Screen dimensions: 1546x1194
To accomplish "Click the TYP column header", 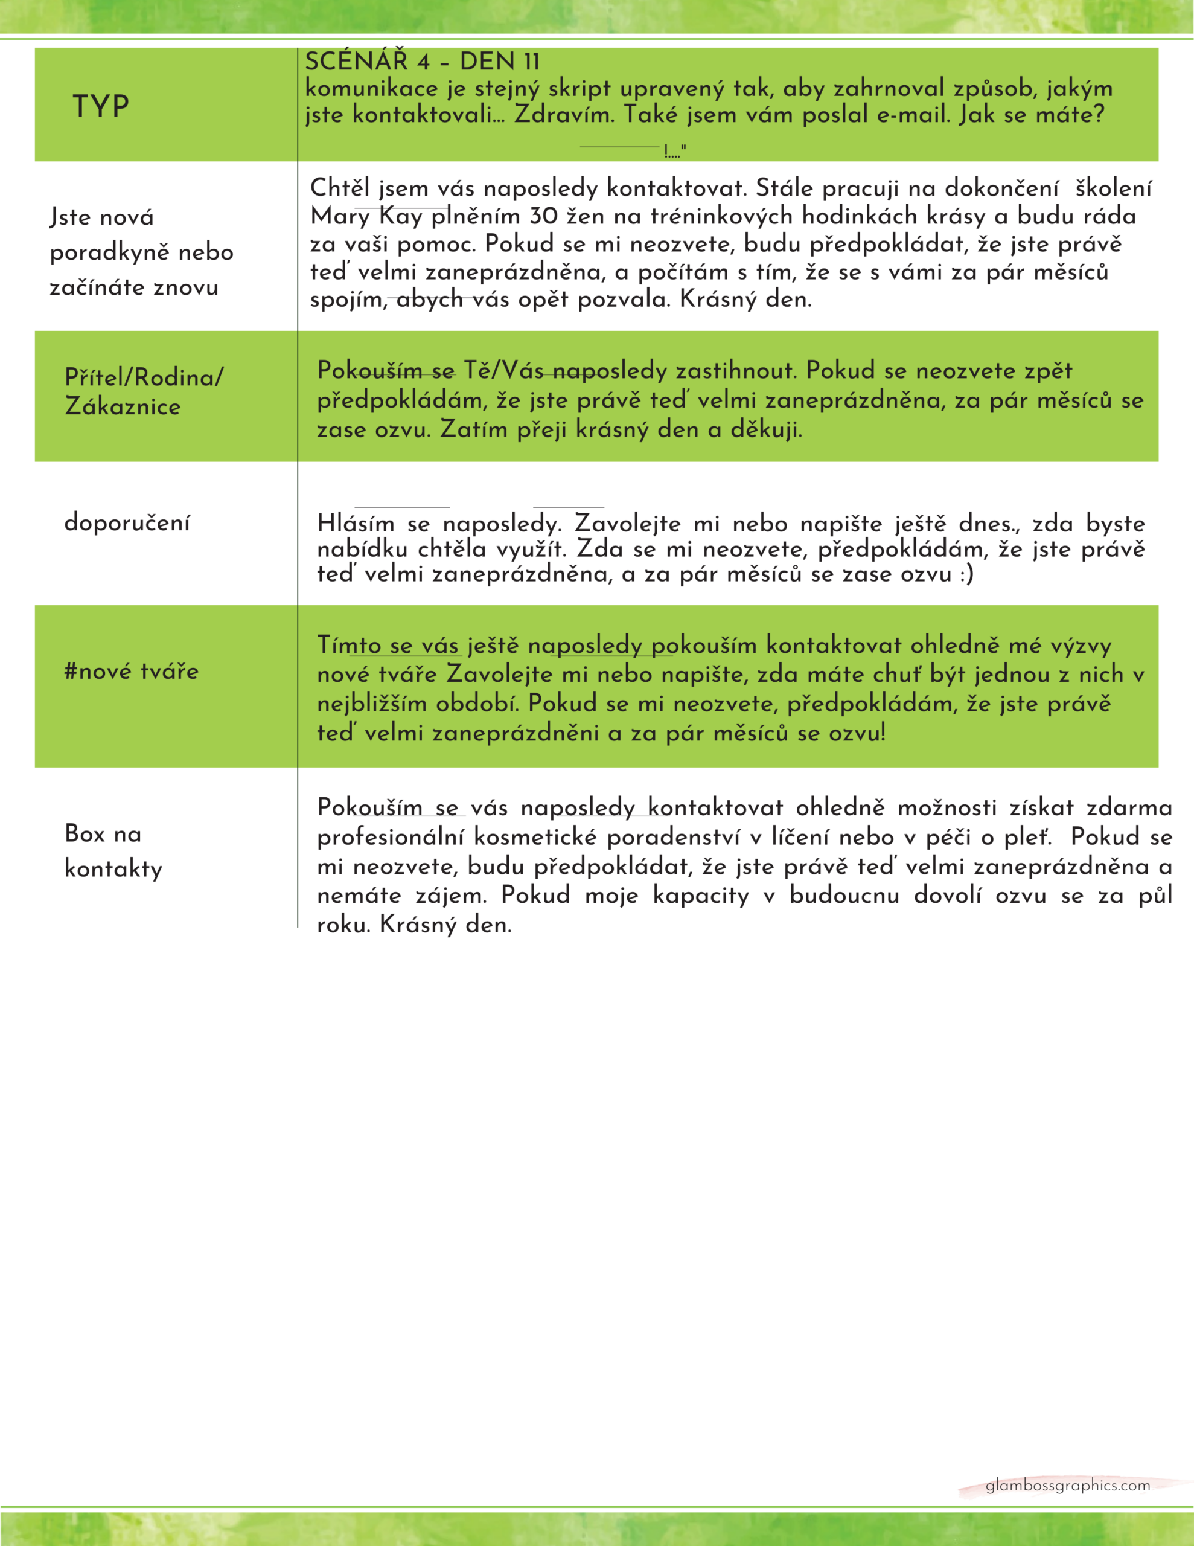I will coord(100,106).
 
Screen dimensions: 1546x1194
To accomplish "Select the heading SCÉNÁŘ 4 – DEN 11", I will coord(422,62).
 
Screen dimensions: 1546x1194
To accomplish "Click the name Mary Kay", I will coord(366,216).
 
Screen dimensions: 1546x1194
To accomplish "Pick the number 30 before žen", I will coord(543,216).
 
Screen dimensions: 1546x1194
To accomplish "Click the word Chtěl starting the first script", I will coord(340,188).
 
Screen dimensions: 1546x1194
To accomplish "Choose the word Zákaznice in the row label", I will coord(123,406).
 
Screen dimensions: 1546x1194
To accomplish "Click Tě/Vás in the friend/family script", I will coord(504,370).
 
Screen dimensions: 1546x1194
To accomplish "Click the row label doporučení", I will coord(127,522).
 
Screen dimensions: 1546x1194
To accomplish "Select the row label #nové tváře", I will coord(131,671).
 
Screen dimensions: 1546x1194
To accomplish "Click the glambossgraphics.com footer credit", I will coord(1067,1486).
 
